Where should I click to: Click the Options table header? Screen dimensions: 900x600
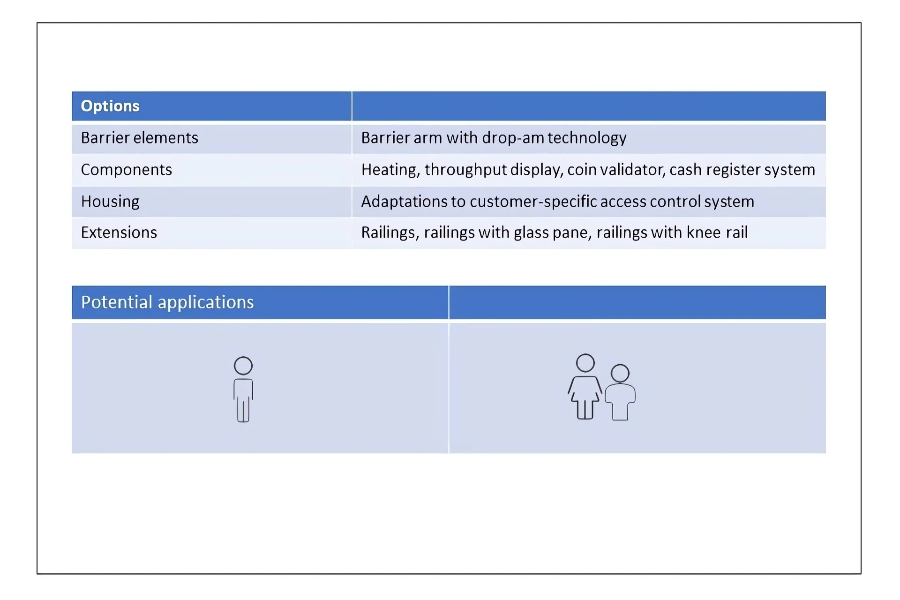pyautogui.click(x=110, y=106)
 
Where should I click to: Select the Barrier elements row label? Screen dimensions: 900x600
pyautogui.click(x=140, y=138)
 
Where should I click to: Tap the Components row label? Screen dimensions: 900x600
pyautogui.click(x=127, y=170)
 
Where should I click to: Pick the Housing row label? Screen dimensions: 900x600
pyautogui.click(x=110, y=202)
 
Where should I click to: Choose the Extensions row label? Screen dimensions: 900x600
pyautogui.click(x=119, y=232)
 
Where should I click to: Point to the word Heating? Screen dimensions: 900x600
pyautogui.click(x=390, y=170)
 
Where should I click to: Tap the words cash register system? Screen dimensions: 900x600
pyautogui.click(x=742, y=170)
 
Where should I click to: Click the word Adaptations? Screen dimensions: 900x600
pyautogui.click(x=404, y=202)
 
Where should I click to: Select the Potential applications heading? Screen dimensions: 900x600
pyautogui.click(x=167, y=302)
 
